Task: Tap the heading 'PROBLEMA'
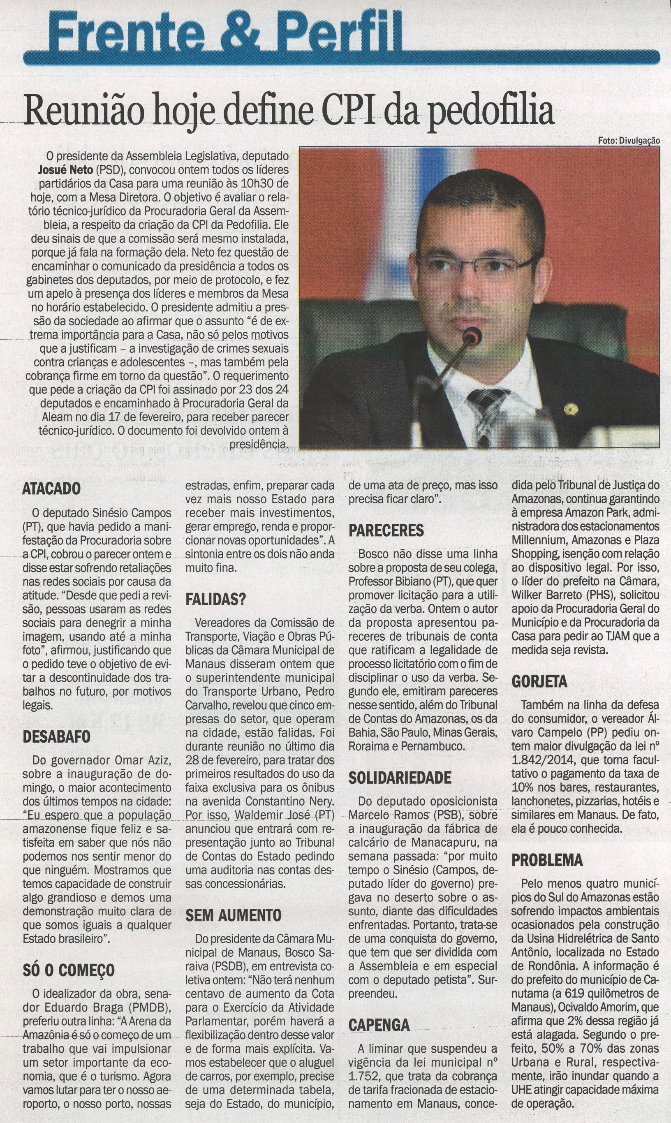pos(544,859)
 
